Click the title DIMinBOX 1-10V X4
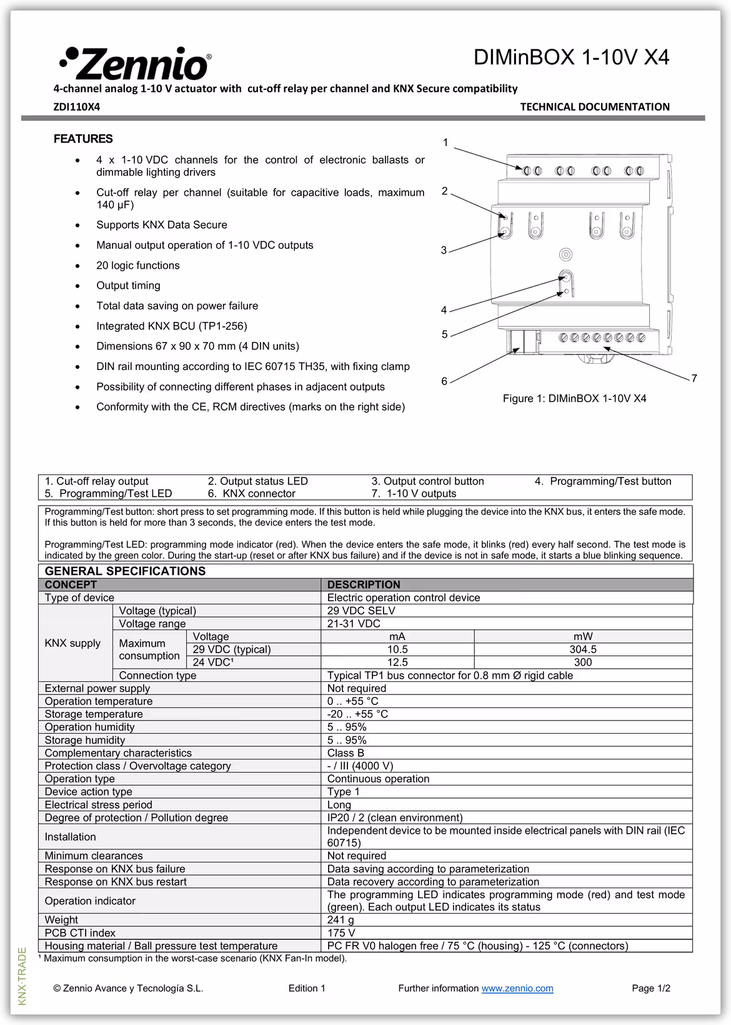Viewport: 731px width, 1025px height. pyautogui.click(x=571, y=57)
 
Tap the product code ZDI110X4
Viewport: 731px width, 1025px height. pyautogui.click(x=76, y=107)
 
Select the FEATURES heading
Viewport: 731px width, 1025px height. pyautogui.click(x=83, y=139)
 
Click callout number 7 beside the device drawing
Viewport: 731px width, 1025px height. pyautogui.click(x=694, y=378)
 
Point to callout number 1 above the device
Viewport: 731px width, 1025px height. pyautogui.click(x=445, y=142)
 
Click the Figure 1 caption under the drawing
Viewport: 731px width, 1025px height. pyautogui.click(x=574, y=398)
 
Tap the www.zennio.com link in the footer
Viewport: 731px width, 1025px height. pyautogui.click(x=517, y=988)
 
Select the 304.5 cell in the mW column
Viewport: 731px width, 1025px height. pyautogui.click(x=583, y=649)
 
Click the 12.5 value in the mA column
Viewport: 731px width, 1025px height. pyautogui.click(x=397, y=662)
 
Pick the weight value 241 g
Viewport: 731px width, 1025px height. pyautogui.click(x=341, y=920)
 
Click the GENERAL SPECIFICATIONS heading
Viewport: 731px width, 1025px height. pyautogui.click(x=125, y=571)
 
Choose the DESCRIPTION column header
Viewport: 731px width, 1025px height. pyautogui.click(x=364, y=584)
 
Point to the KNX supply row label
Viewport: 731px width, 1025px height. pyautogui.click(x=72, y=643)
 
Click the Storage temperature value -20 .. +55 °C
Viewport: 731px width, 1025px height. pyautogui.click(x=357, y=714)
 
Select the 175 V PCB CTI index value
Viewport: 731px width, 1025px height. pyautogui.click(x=341, y=933)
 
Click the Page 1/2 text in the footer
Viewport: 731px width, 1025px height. pyautogui.click(x=650, y=988)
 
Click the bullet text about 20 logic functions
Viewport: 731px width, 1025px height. pyautogui.click(x=137, y=266)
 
